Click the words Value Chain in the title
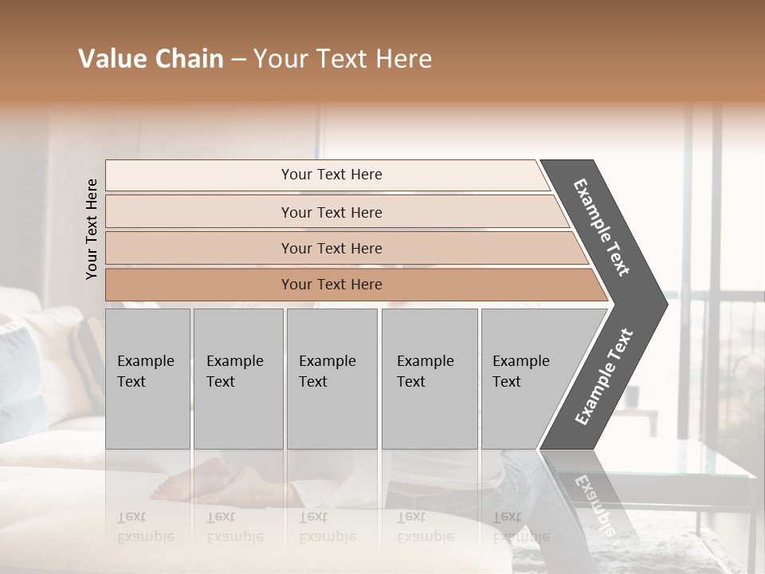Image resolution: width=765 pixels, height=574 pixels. point(151,59)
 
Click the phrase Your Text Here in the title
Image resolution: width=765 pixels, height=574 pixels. point(343,59)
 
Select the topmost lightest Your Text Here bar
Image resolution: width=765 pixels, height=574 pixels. point(331,175)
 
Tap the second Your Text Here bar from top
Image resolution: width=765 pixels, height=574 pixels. point(331,212)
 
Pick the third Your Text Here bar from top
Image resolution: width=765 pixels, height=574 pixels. point(331,248)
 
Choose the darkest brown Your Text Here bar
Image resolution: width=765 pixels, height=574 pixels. point(331,285)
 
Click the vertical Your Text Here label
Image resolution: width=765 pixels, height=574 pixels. point(92,229)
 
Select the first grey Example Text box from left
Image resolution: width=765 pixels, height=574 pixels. point(147,379)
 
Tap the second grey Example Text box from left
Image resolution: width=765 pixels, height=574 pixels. point(237,379)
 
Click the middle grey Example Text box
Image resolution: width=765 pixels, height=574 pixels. point(331,379)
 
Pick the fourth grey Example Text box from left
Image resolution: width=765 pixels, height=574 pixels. point(429,379)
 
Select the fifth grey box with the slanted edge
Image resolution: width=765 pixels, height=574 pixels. point(526,379)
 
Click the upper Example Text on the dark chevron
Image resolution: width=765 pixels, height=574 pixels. point(602,227)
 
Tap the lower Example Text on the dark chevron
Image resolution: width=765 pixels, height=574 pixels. point(603,377)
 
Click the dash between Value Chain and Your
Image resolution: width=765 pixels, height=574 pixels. point(238,60)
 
